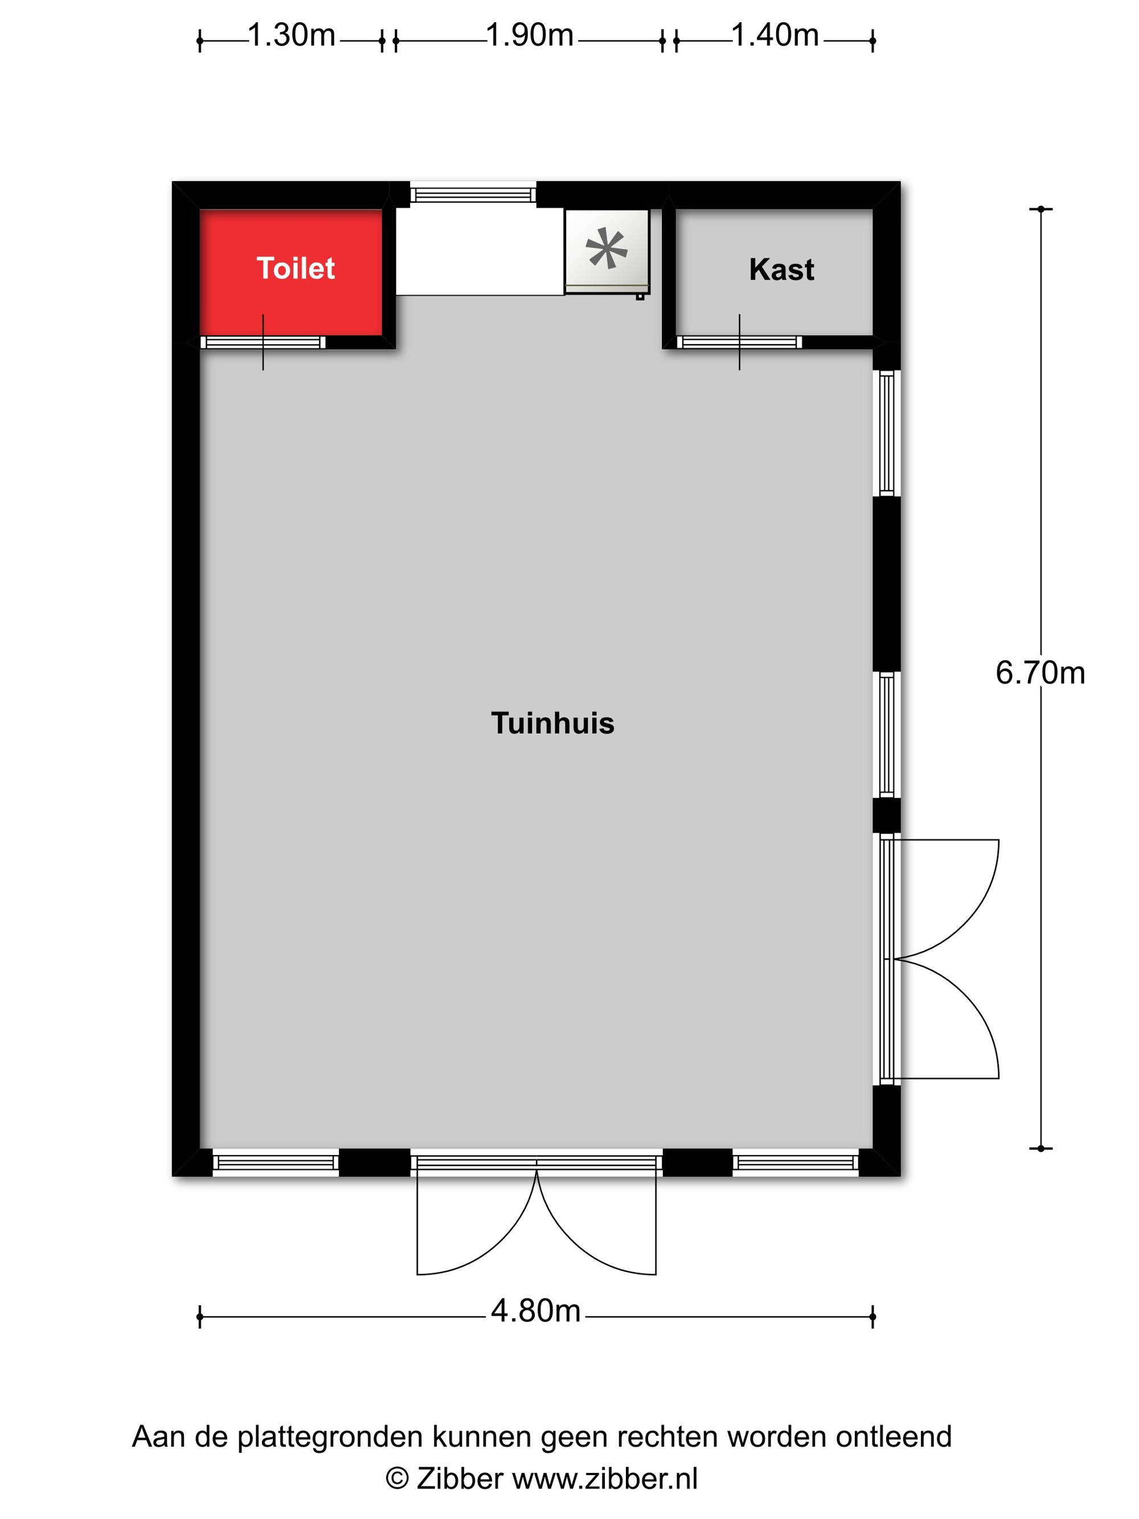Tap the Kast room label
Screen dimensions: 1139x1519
pos(781,270)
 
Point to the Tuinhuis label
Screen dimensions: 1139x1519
pos(552,723)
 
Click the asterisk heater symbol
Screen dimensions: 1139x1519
pos(606,248)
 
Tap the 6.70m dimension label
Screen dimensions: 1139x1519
pos(1040,673)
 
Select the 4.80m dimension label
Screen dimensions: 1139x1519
pos(535,1311)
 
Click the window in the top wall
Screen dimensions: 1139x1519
pos(473,194)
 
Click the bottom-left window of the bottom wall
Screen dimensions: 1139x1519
pos(275,1162)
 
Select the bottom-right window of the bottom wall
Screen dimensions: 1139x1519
pos(795,1162)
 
